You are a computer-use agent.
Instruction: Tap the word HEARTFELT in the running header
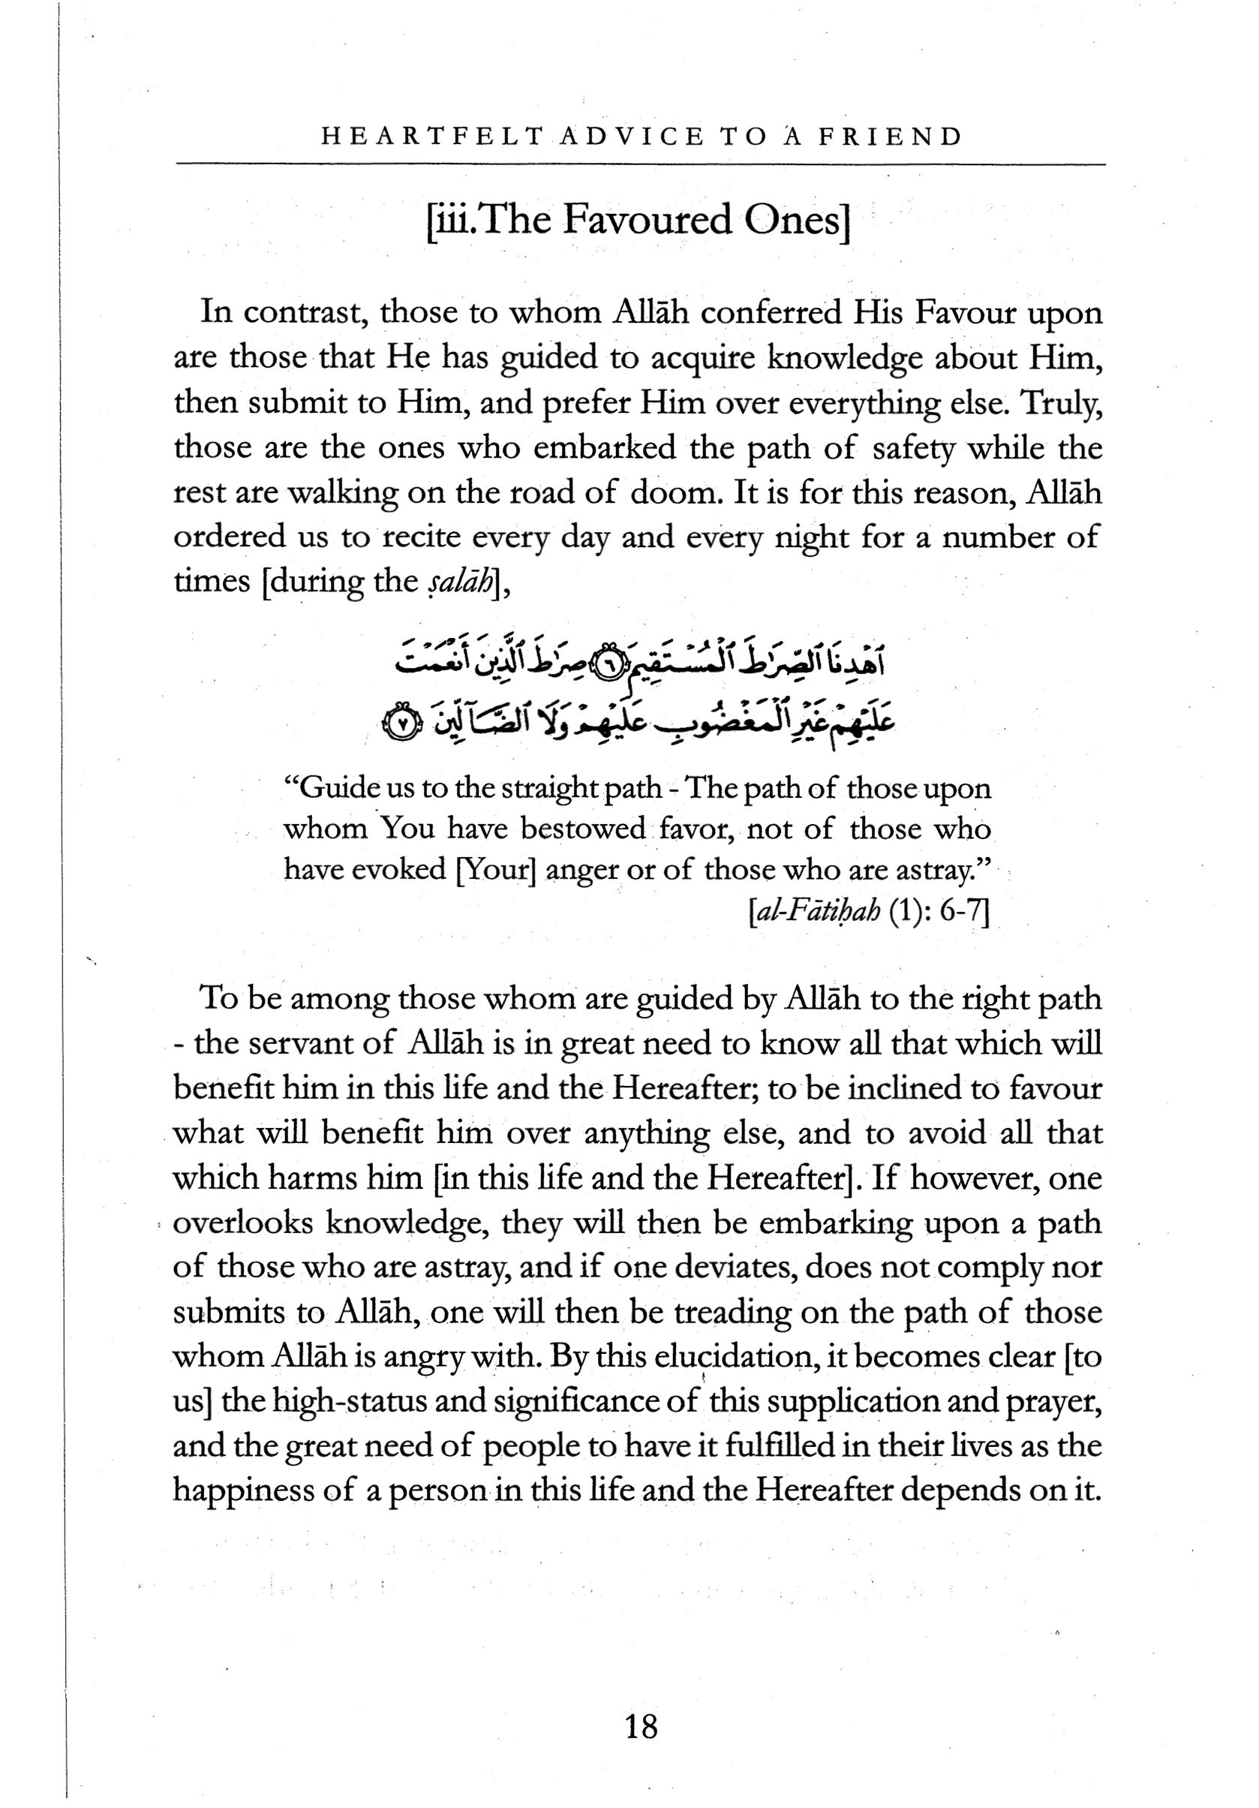click(432, 137)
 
